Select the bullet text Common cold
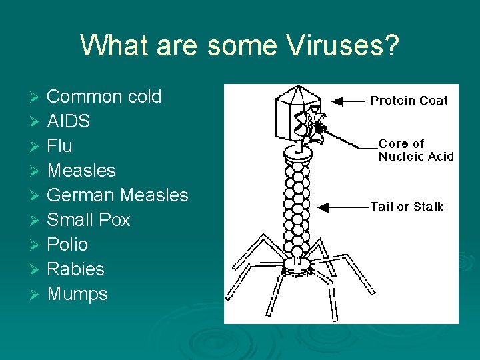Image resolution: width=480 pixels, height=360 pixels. [x=104, y=97]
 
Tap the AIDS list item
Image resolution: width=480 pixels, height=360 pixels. [x=68, y=121]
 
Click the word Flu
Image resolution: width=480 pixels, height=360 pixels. [x=59, y=146]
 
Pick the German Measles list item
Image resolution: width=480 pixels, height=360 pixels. [x=117, y=195]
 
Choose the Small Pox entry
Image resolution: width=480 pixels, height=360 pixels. [x=88, y=220]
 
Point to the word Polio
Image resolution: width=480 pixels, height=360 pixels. [x=67, y=245]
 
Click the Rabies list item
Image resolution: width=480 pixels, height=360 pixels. [x=75, y=269]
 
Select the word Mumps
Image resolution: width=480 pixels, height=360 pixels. [x=77, y=294]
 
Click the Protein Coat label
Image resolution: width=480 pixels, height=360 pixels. [x=409, y=101]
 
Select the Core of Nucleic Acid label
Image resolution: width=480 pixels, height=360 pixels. [x=415, y=150]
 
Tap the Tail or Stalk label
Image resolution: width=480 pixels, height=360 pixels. [x=407, y=207]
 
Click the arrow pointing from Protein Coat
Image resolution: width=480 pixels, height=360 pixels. [x=347, y=101]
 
